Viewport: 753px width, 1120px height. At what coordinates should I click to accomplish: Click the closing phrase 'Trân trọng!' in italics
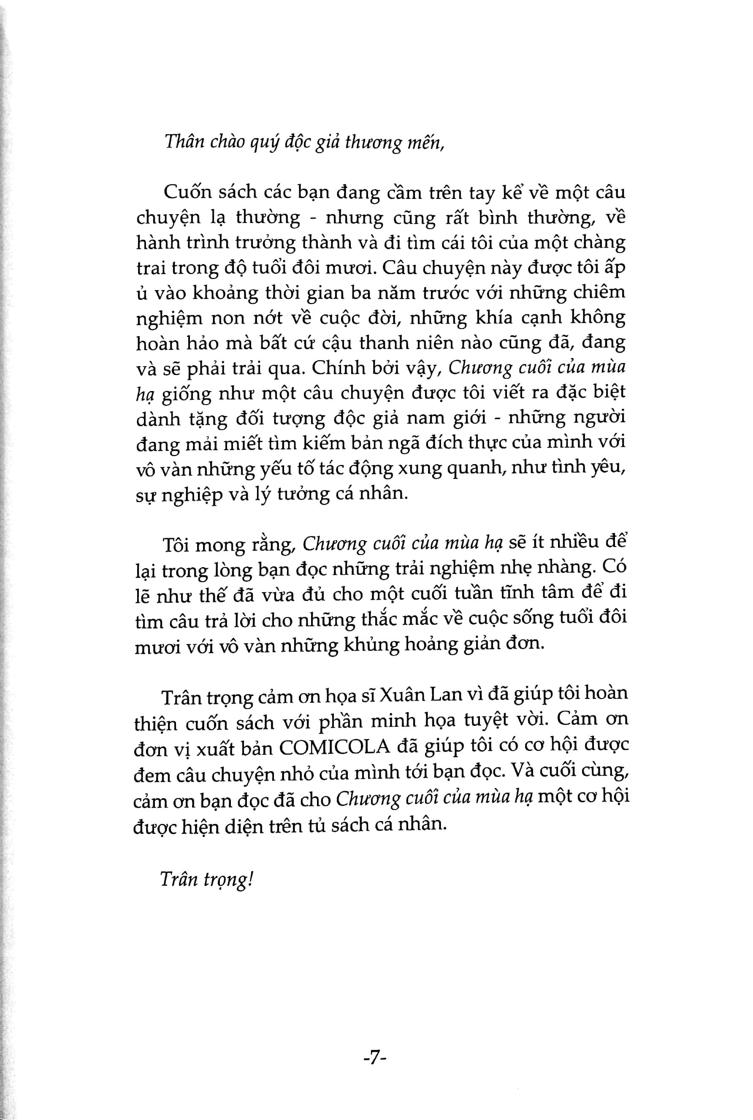206,880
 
